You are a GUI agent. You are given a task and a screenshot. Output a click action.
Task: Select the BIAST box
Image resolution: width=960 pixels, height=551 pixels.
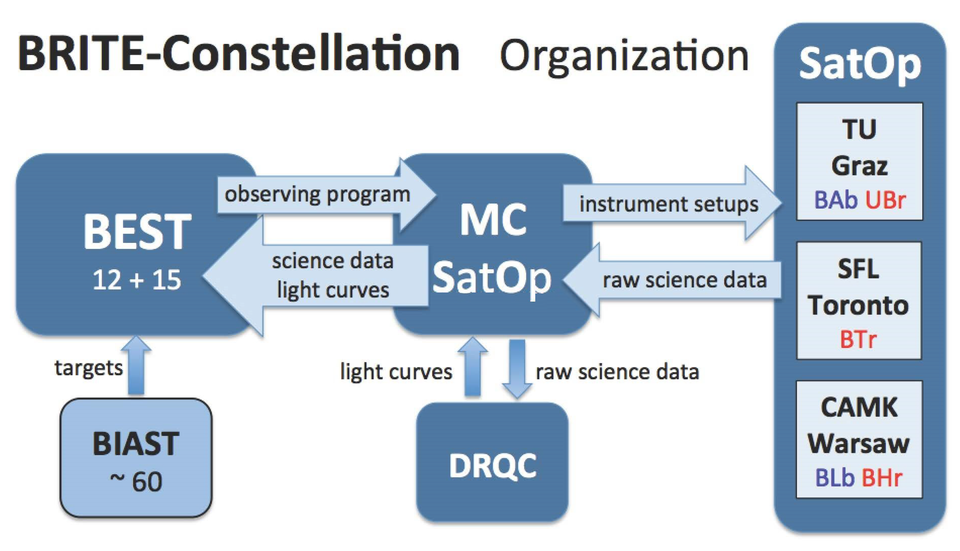tap(136, 458)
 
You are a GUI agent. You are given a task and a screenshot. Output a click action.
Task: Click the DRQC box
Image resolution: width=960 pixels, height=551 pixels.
tap(492, 463)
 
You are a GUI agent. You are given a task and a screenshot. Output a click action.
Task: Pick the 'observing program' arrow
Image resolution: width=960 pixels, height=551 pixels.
tap(327, 195)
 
